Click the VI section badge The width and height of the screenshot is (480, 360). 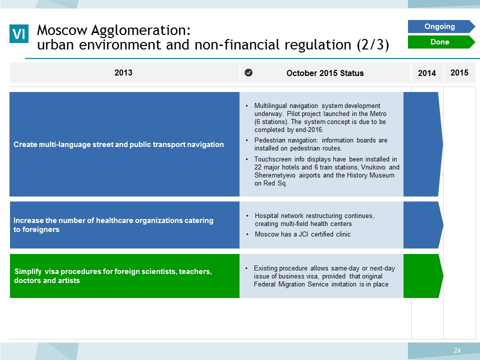tap(19, 33)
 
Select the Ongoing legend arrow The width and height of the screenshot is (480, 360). tap(441, 26)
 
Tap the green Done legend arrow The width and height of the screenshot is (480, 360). tap(441, 42)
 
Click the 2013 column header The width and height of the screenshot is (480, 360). tap(123, 72)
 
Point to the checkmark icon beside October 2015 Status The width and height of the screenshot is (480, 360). tap(248, 72)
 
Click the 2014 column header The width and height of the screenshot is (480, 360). tap(426, 73)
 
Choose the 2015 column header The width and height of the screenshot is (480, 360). tap(459, 72)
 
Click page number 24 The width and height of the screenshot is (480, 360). tap(457, 350)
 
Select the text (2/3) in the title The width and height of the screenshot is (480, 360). tap(373, 44)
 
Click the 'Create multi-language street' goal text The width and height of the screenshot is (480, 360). tap(118, 144)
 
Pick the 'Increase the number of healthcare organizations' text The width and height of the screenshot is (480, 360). tap(113, 224)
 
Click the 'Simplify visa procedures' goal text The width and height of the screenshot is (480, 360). tap(113, 276)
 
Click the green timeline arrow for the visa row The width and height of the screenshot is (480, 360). tap(423, 276)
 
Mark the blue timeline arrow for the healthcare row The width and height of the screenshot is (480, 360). tap(423, 224)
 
